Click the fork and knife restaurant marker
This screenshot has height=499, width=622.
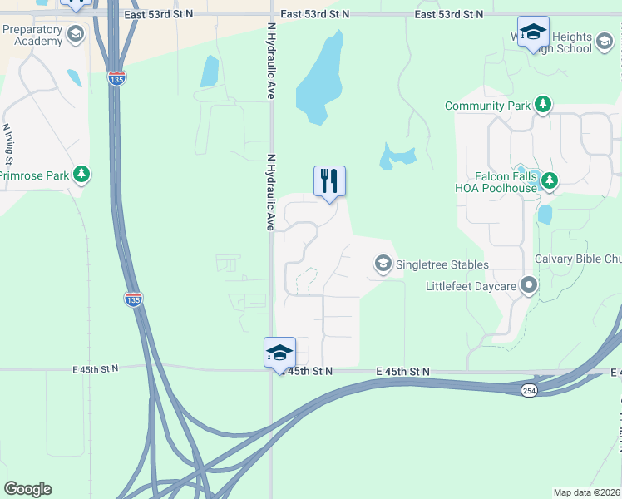click(329, 180)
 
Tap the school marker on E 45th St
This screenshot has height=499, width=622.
click(279, 353)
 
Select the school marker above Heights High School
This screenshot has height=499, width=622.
click(533, 32)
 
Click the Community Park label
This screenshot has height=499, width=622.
click(487, 106)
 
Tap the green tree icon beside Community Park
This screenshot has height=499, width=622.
click(543, 104)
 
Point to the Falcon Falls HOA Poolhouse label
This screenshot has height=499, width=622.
click(507, 182)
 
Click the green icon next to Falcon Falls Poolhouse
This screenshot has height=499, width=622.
click(549, 180)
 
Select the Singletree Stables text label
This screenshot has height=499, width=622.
click(442, 264)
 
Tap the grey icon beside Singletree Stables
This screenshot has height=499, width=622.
click(383, 264)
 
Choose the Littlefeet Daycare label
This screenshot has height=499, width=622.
click(471, 287)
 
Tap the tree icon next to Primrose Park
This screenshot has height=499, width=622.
click(81, 175)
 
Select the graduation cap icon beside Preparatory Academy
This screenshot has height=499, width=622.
click(76, 34)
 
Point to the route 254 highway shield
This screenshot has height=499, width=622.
click(529, 390)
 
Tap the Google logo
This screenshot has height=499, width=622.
click(27, 489)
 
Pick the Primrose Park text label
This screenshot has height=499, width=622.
click(33, 175)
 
